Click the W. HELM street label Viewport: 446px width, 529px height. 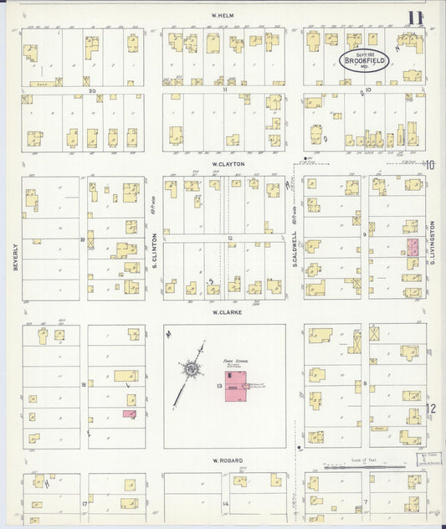coord(223,15)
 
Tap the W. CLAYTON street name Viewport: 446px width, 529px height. coord(226,164)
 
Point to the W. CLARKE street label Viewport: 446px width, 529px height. coord(226,311)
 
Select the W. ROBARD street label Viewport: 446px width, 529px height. coord(226,460)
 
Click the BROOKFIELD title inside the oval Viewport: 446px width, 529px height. coord(370,59)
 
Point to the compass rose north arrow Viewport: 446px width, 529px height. coord(192,367)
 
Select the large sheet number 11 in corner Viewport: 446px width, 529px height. coord(415,18)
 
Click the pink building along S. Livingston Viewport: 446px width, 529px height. coord(413,246)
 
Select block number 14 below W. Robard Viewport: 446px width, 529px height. coord(226,504)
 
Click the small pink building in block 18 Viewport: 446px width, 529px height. coord(129,413)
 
